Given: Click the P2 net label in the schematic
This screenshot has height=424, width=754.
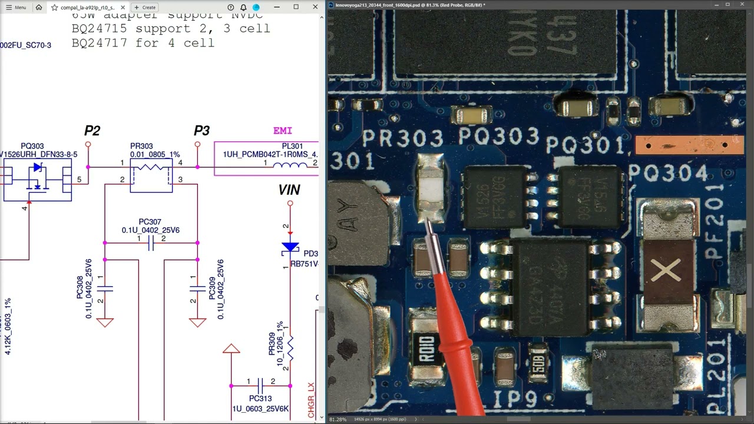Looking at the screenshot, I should [x=92, y=131].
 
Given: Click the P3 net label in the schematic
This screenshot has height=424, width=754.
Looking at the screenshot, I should [x=201, y=131].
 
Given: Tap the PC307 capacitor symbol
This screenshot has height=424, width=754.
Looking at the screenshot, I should [x=151, y=243].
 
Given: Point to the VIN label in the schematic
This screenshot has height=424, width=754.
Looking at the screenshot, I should [x=289, y=190].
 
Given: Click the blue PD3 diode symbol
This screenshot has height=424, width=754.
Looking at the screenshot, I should [x=290, y=248].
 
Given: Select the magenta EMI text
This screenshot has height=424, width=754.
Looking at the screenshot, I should [x=283, y=131].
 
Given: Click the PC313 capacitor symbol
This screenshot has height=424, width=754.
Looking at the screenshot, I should [x=260, y=386].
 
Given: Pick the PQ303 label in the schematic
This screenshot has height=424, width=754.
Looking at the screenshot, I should [x=32, y=146].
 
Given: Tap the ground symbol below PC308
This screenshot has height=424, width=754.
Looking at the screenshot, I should [x=105, y=322].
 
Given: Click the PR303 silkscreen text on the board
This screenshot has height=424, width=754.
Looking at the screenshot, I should [x=403, y=139].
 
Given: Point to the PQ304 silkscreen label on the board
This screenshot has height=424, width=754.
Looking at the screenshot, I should [x=668, y=173].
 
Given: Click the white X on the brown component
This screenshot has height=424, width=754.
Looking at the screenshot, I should [x=667, y=271].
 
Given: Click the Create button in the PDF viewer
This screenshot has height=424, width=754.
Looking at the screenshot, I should [x=145, y=7].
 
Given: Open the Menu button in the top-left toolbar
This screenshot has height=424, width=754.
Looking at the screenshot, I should [x=16, y=7].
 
